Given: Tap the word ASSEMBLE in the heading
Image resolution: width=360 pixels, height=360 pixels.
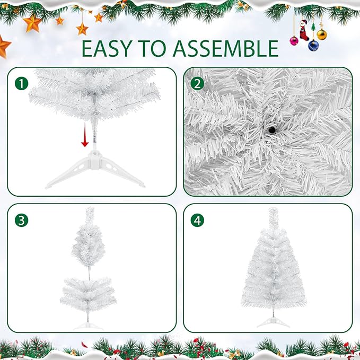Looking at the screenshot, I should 226,48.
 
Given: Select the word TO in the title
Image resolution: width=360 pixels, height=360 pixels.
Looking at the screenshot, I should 156,48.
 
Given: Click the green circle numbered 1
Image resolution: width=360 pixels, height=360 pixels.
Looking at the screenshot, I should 21,83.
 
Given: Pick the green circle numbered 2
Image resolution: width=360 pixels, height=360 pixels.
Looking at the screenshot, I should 197,83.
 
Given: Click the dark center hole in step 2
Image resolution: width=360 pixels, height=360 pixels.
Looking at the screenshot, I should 271,129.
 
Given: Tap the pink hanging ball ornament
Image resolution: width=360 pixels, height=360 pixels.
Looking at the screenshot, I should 294,40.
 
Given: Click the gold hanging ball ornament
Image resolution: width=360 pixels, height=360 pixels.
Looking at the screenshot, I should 321,35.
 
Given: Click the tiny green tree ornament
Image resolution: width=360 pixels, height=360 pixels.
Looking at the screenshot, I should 313,26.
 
